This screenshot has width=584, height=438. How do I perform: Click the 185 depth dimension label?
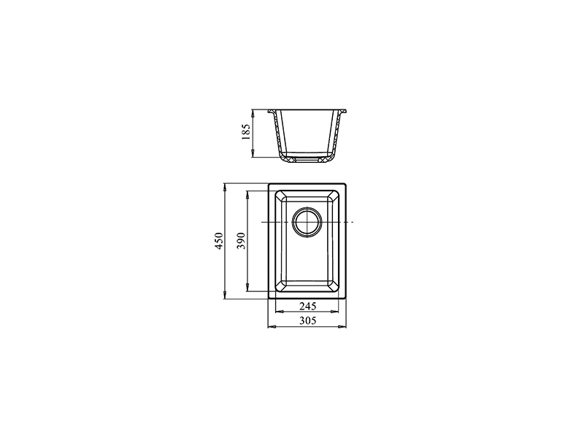[246, 132]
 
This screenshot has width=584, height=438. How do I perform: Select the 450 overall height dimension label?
[220, 241]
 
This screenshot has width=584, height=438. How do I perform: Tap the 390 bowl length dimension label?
[242, 241]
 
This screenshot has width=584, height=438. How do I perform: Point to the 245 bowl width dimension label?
[307, 306]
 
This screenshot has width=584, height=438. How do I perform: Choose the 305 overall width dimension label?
[307, 320]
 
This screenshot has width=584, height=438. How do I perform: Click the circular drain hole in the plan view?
[307, 222]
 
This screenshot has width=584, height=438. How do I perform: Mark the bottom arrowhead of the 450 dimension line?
[225, 295]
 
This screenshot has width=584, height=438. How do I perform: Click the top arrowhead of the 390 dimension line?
[247, 195]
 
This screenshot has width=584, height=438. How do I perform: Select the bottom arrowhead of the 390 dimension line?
[247, 287]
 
